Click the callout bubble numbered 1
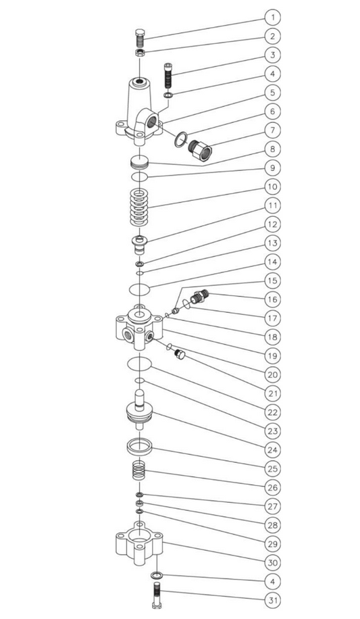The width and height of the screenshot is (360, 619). [x=272, y=18]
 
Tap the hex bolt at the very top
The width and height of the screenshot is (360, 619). [x=139, y=38]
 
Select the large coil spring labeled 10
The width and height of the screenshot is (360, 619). [x=139, y=207]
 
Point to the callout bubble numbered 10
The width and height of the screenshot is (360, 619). [x=272, y=187]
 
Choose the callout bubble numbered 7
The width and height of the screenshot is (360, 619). [x=272, y=130]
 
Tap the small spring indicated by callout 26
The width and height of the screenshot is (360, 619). [x=139, y=470]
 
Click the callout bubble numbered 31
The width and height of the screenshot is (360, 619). [x=272, y=601]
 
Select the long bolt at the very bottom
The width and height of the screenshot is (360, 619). [x=156, y=595]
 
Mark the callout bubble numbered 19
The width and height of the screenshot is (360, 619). [x=272, y=355]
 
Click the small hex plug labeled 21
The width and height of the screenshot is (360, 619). [x=179, y=355]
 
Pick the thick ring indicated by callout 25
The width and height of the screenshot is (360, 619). [x=140, y=446]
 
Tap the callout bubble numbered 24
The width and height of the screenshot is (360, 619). [x=272, y=449]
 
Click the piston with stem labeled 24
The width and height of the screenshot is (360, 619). [x=139, y=410]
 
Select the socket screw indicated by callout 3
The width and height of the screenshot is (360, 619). [x=168, y=76]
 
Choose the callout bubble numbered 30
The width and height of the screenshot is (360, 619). [x=272, y=562]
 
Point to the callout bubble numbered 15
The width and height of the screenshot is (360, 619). [x=272, y=280]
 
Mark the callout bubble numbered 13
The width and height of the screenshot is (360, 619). [x=272, y=243]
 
